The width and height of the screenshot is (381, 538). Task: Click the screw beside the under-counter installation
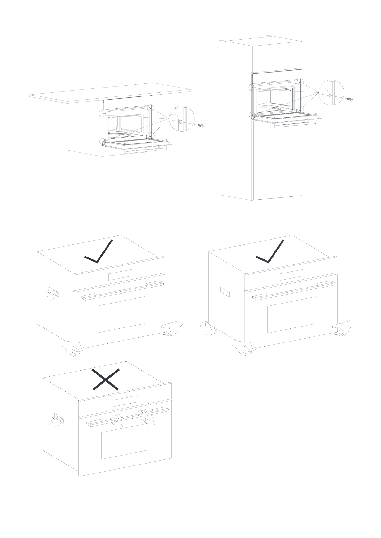point(201,126)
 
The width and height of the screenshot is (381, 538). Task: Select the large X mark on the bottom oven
point(106,379)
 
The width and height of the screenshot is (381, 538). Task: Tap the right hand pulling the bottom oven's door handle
point(146,419)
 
